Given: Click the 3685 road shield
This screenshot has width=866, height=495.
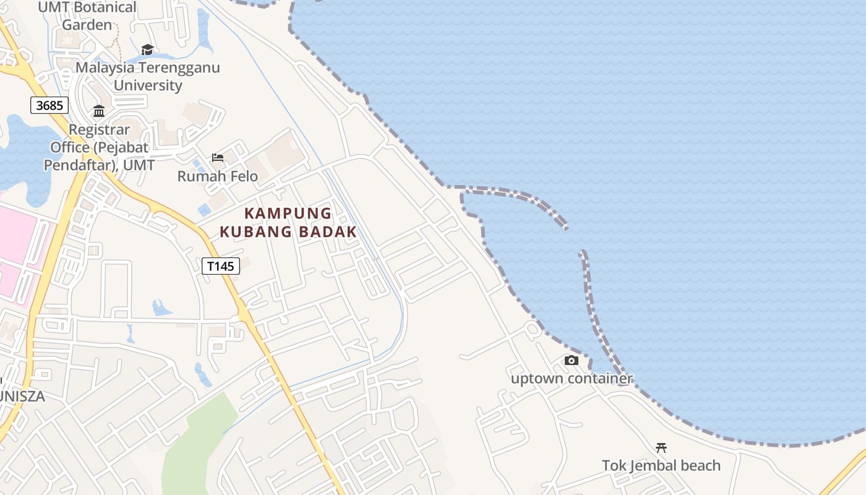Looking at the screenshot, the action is coord(49,105).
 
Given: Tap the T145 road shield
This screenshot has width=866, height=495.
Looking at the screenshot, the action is coord(221,266).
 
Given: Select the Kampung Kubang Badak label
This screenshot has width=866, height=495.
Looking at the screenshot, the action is coord(288,223).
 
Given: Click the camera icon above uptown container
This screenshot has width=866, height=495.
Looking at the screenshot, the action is coord(571,360).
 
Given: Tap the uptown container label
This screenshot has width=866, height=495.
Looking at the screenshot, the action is coord(572,378).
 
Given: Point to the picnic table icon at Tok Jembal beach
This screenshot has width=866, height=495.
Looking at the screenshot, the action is coord(661,447).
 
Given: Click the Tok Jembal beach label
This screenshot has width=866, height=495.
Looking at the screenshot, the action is coord(661,465).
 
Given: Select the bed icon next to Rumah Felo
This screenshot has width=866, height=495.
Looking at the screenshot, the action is coord(218,158).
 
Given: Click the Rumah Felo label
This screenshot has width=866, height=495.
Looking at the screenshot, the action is coord(218,176).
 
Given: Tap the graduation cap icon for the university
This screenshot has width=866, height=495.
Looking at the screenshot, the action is coord(147,49).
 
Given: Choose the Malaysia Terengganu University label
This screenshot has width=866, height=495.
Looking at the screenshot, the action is coord(148,76).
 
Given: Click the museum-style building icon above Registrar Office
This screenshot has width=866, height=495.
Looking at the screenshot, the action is coord(99,111).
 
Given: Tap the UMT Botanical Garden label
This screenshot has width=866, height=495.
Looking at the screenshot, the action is coord(87,16).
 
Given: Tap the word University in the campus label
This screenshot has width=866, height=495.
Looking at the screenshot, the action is coord(148,85).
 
